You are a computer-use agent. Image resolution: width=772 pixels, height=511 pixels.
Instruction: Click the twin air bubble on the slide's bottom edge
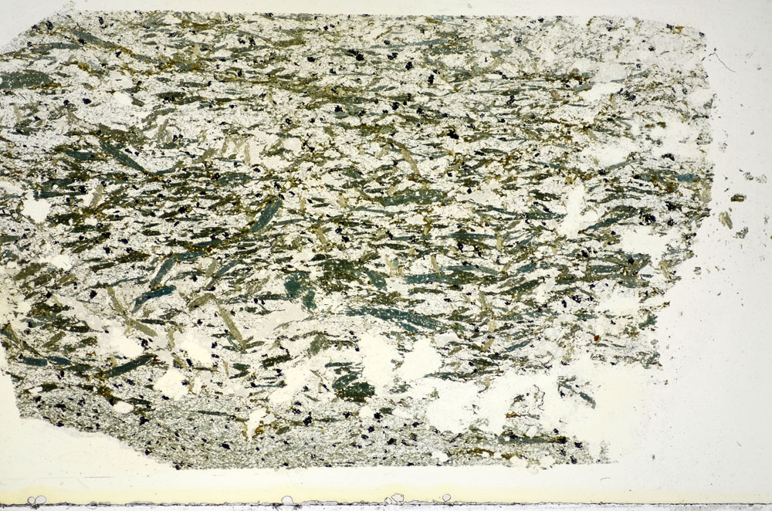pos(36,500)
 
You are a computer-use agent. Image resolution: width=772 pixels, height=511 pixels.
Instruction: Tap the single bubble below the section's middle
pos(287,500)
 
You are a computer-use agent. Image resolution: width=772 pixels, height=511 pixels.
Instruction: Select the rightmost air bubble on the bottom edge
pos(446,498)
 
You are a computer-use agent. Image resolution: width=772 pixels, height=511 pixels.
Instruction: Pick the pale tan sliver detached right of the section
pos(726,219)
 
